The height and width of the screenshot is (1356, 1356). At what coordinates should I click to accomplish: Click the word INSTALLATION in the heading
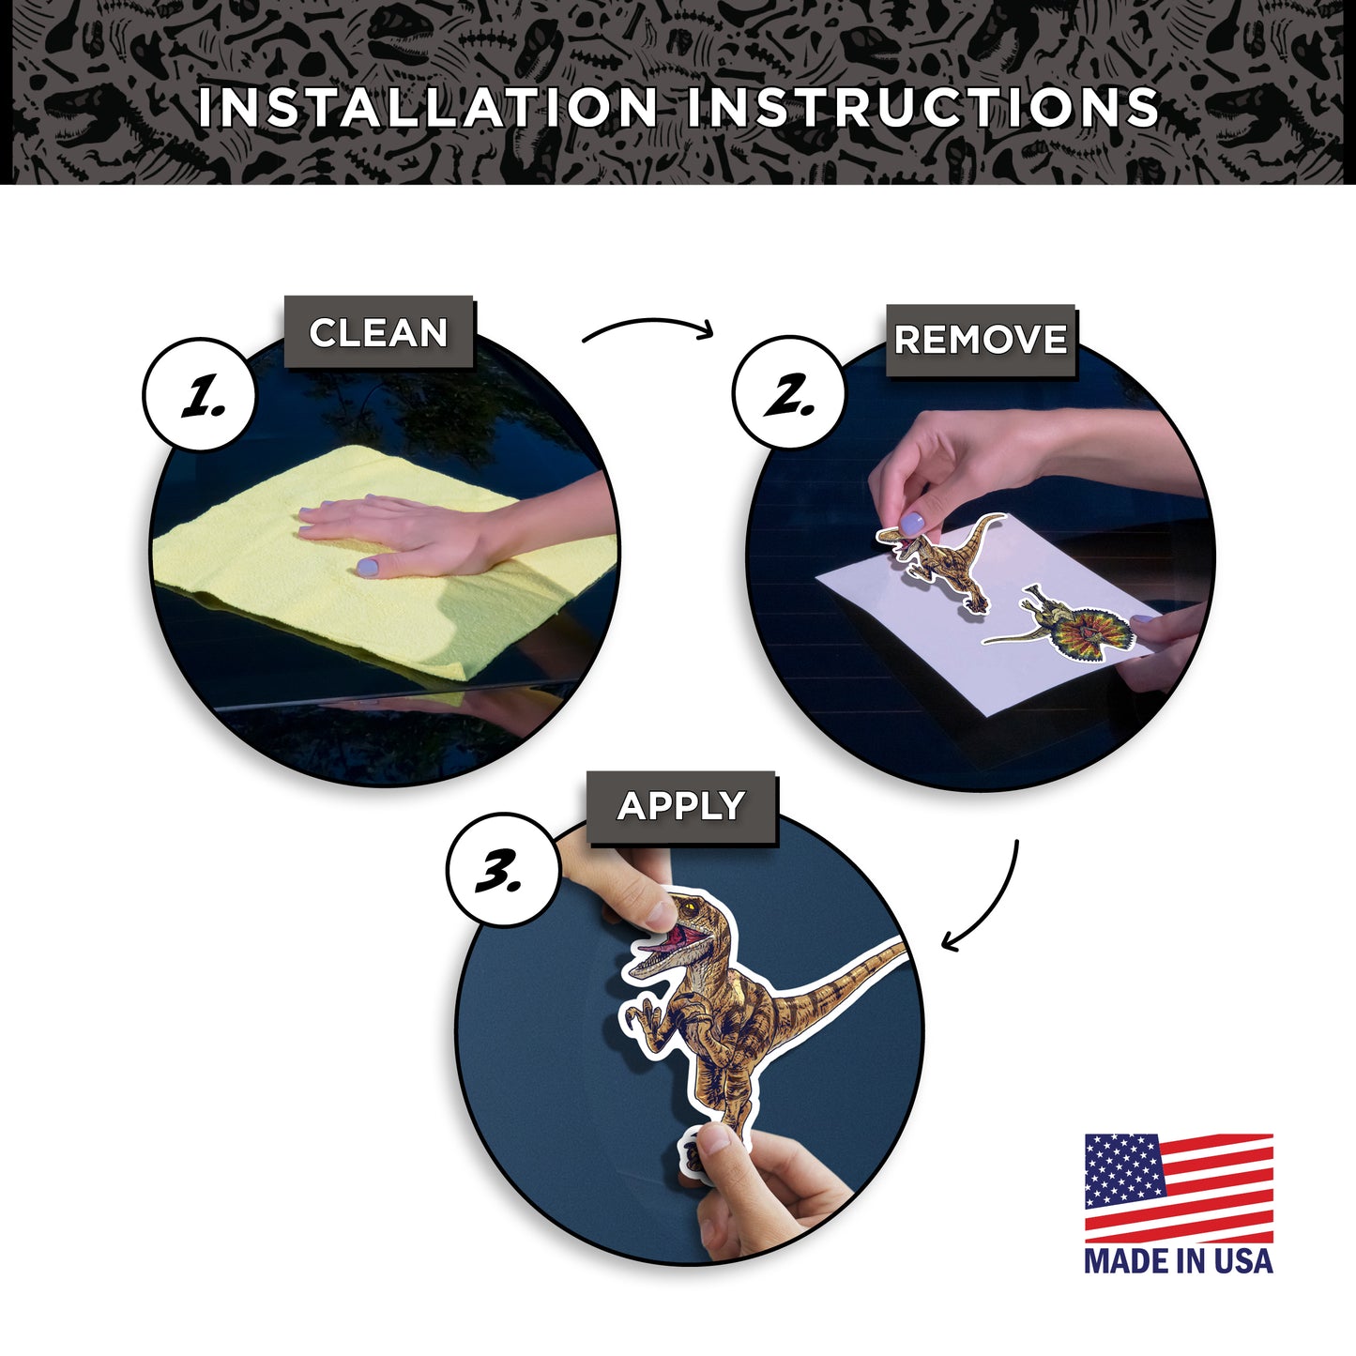pyautogui.click(x=427, y=108)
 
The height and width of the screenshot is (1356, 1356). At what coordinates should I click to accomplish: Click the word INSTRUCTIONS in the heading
pyautogui.click(x=922, y=108)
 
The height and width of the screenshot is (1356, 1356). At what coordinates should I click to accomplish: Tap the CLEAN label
pyautogui.click(x=378, y=332)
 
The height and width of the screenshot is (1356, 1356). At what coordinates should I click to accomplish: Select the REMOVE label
pyautogui.click(x=981, y=340)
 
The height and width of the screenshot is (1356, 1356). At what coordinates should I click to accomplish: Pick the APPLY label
pyautogui.click(x=681, y=806)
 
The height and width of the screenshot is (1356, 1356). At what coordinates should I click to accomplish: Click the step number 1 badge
pyautogui.click(x=200, y=394)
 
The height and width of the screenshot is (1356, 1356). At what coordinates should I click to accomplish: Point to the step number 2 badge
pyautogui.click(x=789, y=392)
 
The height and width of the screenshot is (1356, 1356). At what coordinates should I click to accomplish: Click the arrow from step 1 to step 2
pyautogui.click(x=648, y=324)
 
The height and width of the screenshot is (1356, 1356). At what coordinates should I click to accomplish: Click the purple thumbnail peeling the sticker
pyautogui.click(x=912, y=524)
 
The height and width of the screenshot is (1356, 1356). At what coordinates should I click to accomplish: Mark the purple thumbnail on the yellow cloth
pyautogui.click(x=367, y=567)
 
